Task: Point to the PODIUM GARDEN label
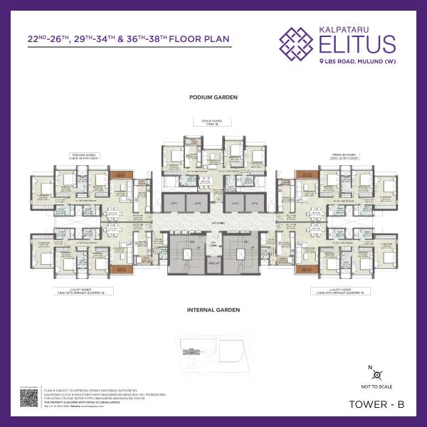point(213,97)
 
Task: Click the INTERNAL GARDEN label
point(213,310)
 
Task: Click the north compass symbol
point(379,374)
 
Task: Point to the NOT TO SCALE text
point(379,386)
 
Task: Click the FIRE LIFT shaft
point(213,264)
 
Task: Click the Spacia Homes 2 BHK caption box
point(213,122)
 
